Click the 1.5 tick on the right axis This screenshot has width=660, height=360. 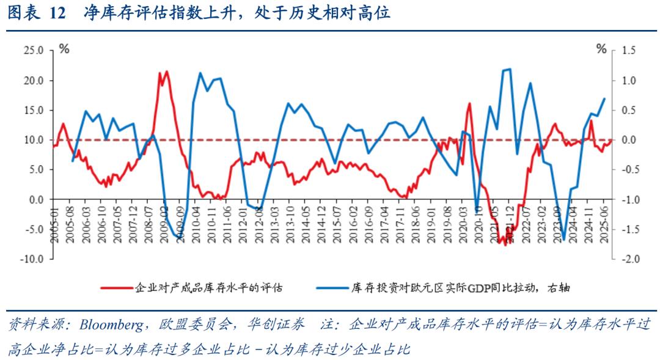click(628, 51)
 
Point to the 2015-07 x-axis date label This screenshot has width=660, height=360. click(335, 227)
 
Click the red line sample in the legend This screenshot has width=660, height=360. click(117, 285)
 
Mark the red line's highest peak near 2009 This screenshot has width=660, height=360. click(166, 71)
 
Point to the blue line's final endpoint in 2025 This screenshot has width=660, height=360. click(604, 98)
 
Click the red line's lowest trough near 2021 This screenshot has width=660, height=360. click(505, 244)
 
